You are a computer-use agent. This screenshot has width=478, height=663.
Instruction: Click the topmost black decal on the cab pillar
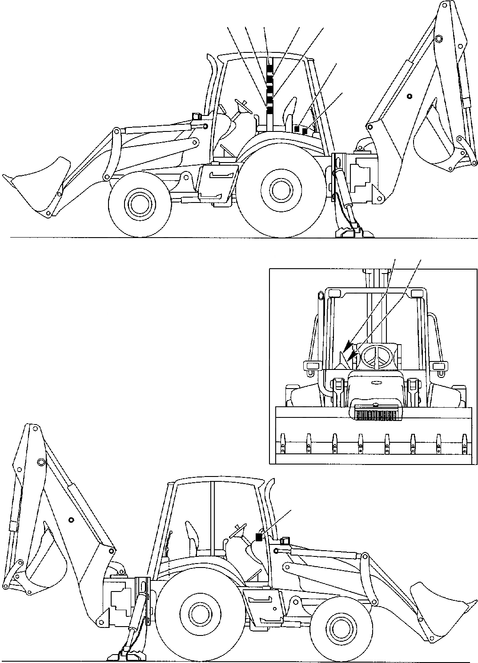pos(269,67)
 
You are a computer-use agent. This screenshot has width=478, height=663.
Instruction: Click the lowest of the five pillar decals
pos(269,109)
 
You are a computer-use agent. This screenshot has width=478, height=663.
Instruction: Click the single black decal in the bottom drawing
pos(259,537)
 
